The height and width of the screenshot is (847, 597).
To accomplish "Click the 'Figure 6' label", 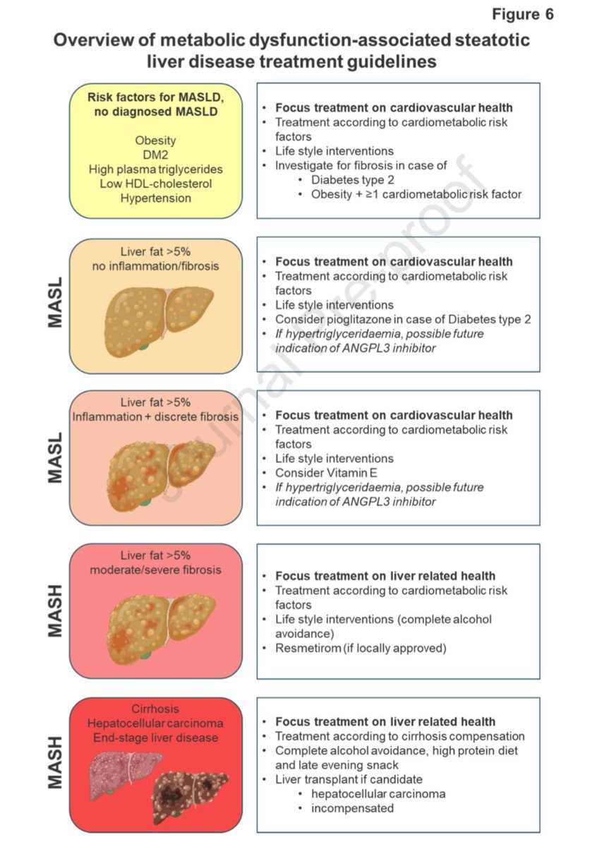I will (523, 15).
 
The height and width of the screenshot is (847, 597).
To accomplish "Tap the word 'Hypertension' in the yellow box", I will (155, 198).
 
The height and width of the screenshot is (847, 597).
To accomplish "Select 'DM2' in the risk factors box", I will (155, 155).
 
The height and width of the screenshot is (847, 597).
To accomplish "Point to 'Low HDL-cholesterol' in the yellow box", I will (155, 184).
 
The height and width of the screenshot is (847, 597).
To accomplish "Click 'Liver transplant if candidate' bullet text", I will (349, 779).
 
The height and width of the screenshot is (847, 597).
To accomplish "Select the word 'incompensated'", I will (352, 808).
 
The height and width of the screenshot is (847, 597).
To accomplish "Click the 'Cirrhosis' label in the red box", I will (155, 709).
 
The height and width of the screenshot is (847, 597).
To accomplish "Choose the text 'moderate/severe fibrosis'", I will (155, 570).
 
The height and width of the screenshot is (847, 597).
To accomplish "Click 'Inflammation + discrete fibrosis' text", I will (155, 416).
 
